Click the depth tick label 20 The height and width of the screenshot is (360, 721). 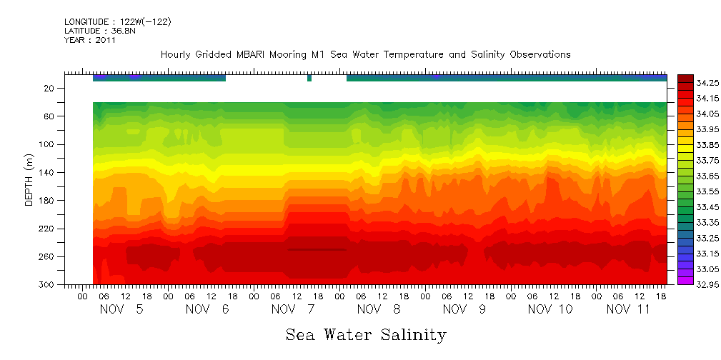click(50, 89)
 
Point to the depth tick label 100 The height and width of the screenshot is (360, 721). click(48, 144)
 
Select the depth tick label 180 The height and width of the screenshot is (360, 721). click(48, 201)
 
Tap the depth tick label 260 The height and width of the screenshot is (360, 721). click(48, 256)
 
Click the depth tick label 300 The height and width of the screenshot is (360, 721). click(48, 285)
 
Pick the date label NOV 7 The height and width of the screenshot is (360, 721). click(286, 309)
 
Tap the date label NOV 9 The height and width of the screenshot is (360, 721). click(457, 309)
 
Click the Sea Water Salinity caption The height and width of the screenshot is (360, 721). click(366, 335)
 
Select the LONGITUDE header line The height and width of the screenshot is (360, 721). click(117, 22)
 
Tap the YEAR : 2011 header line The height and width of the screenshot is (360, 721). click(90, 40)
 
